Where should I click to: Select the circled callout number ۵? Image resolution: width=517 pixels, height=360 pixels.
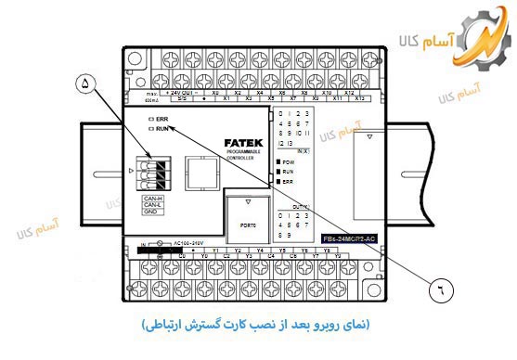(x=86, y=83)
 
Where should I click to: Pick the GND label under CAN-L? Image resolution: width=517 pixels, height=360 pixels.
(x=152, y=212)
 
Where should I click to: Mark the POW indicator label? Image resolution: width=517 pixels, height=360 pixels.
(x=289, y=161)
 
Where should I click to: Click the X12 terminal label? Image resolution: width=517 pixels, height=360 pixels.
(x=349, y=93)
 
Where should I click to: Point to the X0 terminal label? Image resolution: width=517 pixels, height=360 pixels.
(x=215, y=93)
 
